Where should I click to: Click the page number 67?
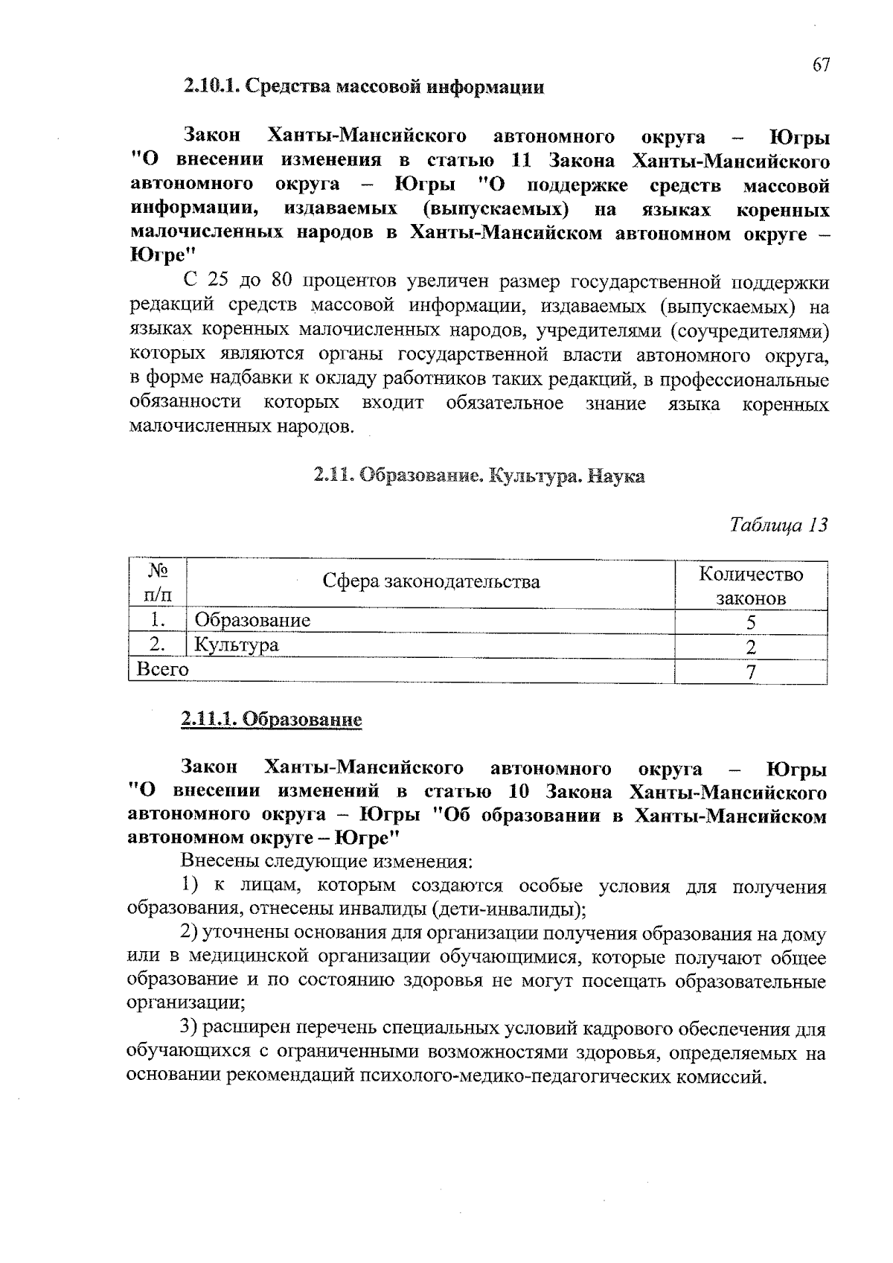[820, 65]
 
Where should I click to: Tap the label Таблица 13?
[778, 525]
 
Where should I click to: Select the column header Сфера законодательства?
[431, 581]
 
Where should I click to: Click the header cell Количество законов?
[751, 586]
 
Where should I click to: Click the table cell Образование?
[252, 620]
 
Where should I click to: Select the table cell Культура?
[236, 645]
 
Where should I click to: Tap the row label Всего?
[162, 669]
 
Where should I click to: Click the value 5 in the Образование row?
[751, 622]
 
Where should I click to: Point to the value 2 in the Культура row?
[751, 647]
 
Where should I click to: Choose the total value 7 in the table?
[751, 672]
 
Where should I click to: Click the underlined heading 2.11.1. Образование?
[272, 720]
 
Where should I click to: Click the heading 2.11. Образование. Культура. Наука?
[478, 476]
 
